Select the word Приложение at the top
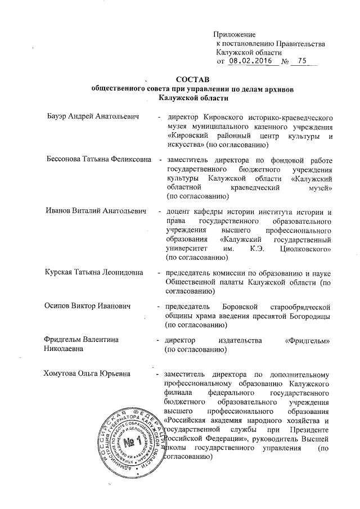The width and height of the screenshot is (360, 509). click(x=236, y=35)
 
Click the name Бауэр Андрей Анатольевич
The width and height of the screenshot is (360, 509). click(x=93, y=118)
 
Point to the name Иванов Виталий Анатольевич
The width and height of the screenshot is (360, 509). click(x=95, y=211)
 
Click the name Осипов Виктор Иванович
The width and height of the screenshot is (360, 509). click(x=87, y=307)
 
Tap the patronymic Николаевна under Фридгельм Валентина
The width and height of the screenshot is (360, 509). click(x=64, y=349)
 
